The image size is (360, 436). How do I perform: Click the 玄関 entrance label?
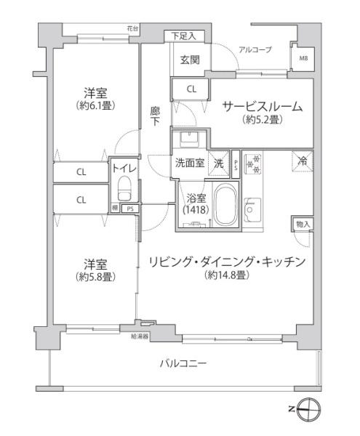[x=190, y=60]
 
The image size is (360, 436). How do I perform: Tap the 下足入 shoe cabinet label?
[x=187, y=35]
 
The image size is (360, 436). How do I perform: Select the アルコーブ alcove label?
[x=255, y=49]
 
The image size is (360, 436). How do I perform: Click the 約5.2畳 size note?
[x=262, y=120]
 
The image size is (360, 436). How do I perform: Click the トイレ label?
[x=123, y=169]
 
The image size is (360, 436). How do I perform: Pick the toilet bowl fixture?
[x=123, y=192]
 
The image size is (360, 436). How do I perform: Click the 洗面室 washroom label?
[x=190, y=163]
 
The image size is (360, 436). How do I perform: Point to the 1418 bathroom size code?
[x=194, y=209]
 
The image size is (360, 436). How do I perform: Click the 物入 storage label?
[x=302, y=224]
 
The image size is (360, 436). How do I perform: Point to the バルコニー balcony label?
[x=183, y=363]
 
